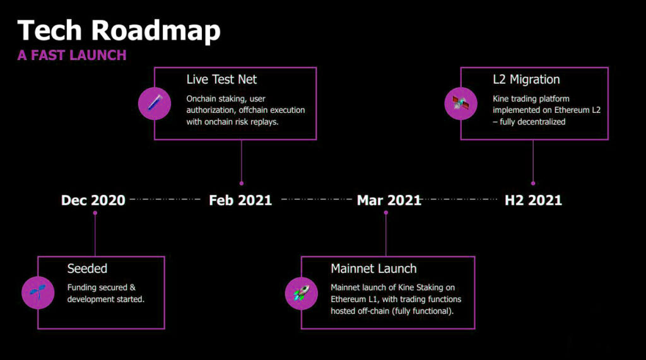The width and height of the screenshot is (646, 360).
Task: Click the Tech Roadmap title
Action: (x=119, y=31)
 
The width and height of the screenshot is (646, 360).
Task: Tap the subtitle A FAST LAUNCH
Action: (x=72, y=55)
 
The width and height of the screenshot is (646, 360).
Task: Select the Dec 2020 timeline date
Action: (x=93, y=200)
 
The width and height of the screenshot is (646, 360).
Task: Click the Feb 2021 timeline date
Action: (x=240, y=200)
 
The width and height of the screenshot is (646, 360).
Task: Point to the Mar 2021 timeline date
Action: (x=389, y=200)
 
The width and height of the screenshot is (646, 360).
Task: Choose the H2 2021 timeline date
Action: (x=533, y=200)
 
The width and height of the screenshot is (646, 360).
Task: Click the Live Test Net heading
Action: (x=221, y=79)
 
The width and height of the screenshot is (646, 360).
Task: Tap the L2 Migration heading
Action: (x=526, y=79)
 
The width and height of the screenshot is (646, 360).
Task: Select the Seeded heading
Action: (x=87, y=269)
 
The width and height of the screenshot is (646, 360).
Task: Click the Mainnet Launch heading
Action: (x=373, y=269)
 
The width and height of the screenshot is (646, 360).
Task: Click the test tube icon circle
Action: (x=155, y=103)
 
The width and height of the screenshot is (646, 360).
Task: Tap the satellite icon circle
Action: (x=461, y=103)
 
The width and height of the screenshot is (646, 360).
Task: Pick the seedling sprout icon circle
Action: (x=38, y=293)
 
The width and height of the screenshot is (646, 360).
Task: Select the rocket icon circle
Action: (x=301, y=293)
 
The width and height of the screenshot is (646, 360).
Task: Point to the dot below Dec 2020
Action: (x=95, y=213)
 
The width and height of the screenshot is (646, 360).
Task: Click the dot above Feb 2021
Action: (x=242, y=183)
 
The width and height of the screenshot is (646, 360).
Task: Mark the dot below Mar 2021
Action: (x=386, y=213)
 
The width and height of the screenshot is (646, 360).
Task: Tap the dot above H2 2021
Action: (x=533, y=183)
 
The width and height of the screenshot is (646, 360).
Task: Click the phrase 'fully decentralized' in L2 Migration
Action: (x=532, y=122)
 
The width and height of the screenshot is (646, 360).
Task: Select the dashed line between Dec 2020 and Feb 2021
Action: (x=165, y=199)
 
